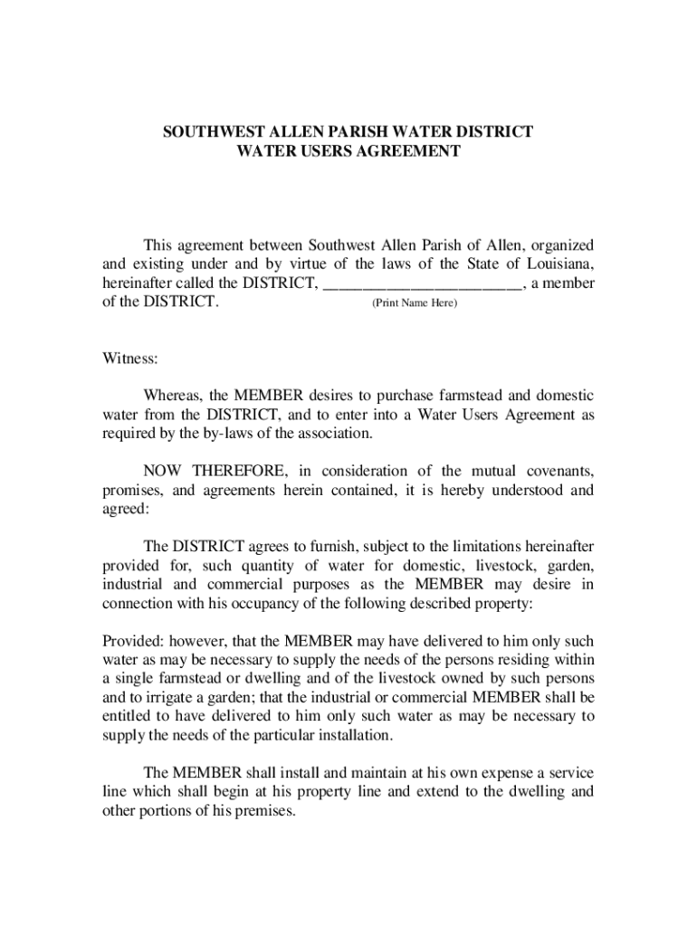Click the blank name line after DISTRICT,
click(423, 283)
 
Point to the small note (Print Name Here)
click(415, 302)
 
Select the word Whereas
click(173, 396)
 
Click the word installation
click(353, 735)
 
